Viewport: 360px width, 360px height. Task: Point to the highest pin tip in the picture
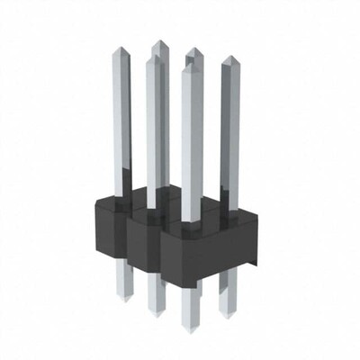click(158, 42)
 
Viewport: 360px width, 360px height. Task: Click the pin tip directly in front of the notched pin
click(190, 68)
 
